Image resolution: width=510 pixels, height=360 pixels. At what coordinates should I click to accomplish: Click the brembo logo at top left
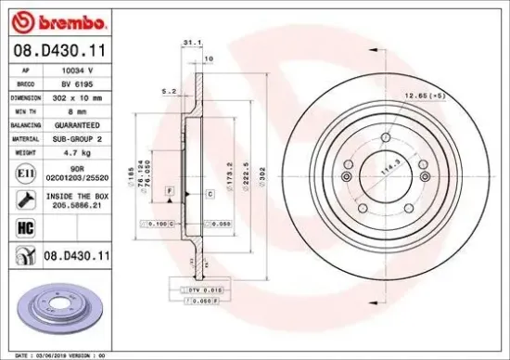pyautogui.click(x=58, y=20)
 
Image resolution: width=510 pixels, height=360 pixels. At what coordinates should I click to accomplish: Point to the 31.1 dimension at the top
pyautogui.click(x=191, y=43)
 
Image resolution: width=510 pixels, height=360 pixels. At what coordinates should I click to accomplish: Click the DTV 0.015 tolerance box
pyautogui.click(x=198, y=291)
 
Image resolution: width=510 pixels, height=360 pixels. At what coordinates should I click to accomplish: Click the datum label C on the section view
pyautogui.click(x=210, y=193)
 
